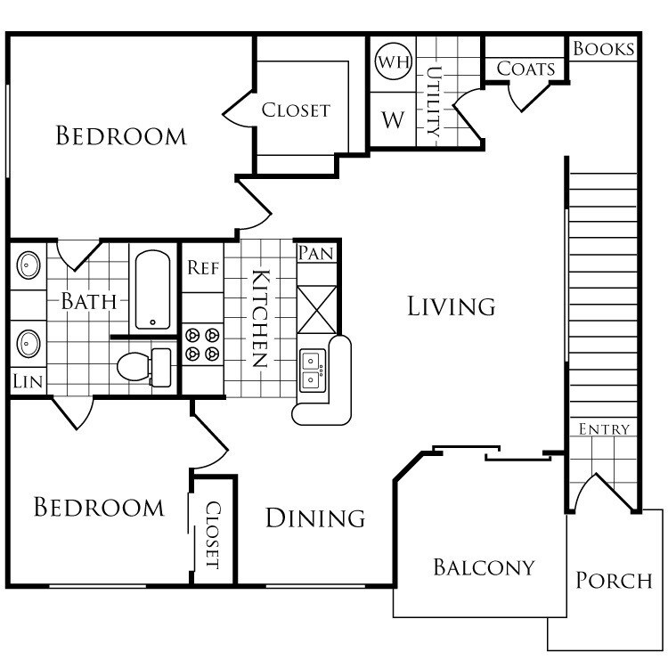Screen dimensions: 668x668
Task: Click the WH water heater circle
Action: coord(392,61)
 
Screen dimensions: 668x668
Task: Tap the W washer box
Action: coord(393,119)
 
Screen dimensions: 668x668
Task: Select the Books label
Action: coord(604,48)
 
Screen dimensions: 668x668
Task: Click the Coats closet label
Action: coord(525,69)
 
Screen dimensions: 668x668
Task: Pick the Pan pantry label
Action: coord(315,253)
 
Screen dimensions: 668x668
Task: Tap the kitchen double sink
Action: coord(313,370)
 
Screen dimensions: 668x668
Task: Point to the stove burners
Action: coord(202,345)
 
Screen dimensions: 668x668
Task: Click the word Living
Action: coord(451,306)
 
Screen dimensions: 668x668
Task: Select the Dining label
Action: coord(315,517)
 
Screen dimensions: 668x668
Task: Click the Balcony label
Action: coord(484,566)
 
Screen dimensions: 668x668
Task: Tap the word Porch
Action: coord(614,581)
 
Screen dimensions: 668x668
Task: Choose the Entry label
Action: coord(604,429)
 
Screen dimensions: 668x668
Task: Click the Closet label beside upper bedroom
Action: coord(296,110)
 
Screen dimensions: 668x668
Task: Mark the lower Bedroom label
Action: coord(99,508)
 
